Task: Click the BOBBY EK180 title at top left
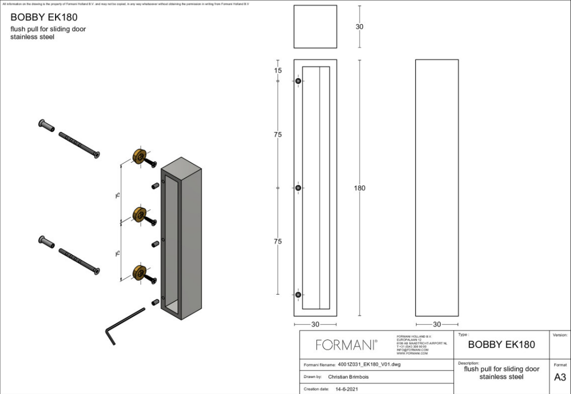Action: coord(44,17)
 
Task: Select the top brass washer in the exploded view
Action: coord(140,157)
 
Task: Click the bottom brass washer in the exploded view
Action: coord(140,272)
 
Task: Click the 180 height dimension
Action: coord(360,188)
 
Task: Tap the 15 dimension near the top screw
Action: coord(278,70)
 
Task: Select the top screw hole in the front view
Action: coord(298,81)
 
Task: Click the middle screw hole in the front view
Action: coord(298,188)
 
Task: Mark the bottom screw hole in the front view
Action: coord(298,295)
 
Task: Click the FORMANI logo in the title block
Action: coord(346,345)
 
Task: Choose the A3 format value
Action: coord(560,377)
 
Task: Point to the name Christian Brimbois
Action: coord(348,377)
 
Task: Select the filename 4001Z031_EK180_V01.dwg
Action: coord(369,365)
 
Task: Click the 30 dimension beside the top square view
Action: coord(360,27)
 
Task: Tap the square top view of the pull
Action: coord(315,27)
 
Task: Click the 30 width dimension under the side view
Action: coord(437,324)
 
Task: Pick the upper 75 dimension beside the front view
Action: coord(278,135)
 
